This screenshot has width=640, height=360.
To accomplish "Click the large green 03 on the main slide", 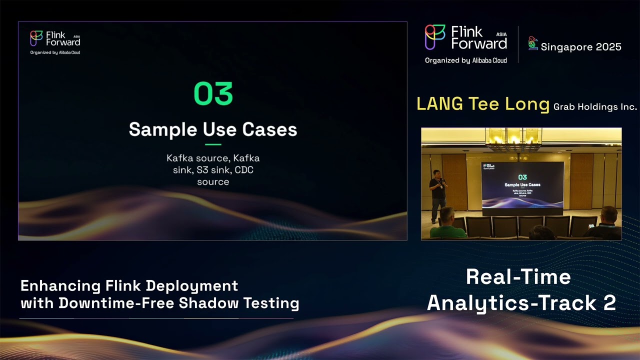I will point(213,93).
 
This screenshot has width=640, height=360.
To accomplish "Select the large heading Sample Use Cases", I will point(213,129).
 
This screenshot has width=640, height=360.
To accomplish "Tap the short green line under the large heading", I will point(213,144).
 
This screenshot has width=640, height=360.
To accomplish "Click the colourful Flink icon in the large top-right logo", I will point(435,37).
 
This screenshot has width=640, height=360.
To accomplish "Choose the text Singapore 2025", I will point(581,47).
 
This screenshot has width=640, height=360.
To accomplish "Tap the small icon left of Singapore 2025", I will point(533,43).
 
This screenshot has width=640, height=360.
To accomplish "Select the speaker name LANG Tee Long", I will point(483,104).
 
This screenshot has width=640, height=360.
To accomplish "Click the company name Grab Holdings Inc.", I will point(595,106).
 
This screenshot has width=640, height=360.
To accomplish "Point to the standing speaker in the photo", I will point(437,192).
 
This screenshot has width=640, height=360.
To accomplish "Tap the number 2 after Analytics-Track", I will point(609,303).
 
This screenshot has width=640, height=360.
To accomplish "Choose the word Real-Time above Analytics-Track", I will point(518,277).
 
